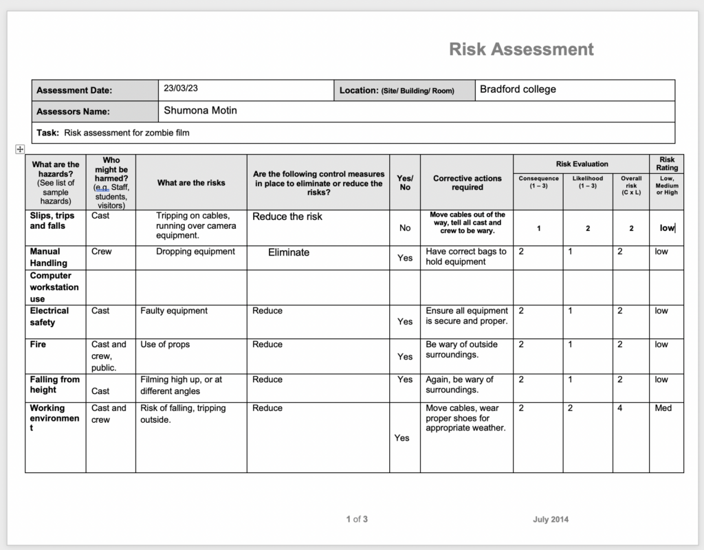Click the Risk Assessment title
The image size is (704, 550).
(x=521, y=49)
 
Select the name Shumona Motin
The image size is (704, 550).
(x=200, y=110)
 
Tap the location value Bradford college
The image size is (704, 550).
(x=518, y=89)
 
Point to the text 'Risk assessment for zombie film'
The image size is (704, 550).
(x=126, y=133)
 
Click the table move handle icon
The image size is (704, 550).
(x=20, y=149)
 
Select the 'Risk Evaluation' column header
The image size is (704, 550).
(x=582, y=164)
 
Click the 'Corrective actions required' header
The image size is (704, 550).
(x=467, y=183)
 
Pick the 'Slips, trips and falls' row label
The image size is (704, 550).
(x=52, y=221)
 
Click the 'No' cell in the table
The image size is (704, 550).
(x=405, y=228)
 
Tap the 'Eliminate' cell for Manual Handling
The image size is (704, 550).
(x=289, y=252)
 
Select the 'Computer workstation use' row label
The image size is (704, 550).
(x=54, y=287)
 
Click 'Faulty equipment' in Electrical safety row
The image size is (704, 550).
(x=174, y=311)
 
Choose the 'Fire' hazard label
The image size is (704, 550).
(x=38, y=344)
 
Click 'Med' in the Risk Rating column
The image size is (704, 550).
(x=663, y=408)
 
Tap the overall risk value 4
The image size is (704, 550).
(x=619, y=408)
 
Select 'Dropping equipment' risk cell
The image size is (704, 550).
(x=195, y=252)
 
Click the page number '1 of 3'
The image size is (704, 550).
(x=357, y=519)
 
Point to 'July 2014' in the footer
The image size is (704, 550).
(x=550, y=519)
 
